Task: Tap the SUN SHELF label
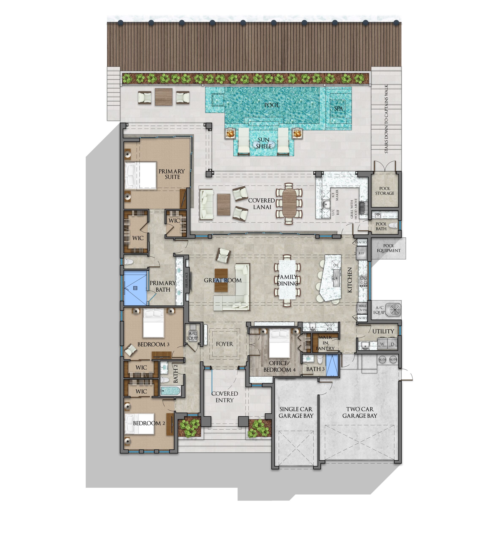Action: click(x=264, y=143)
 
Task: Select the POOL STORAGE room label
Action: click(x=385, y=191)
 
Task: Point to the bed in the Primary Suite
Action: click(x=141, y=175)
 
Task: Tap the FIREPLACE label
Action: click(x=187, y=280)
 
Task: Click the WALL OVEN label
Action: click(x=362, y=308)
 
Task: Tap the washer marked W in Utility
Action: click(x=382, y=344)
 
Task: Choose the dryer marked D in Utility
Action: click(x=392, y=344)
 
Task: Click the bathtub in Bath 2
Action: click(x=170, y=391)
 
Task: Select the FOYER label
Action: click(x=224, y=344)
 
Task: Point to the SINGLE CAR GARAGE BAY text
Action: click(x=296, y=412)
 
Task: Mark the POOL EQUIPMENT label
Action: click(x=389, y=248)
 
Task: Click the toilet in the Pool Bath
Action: click(x=394, y=225)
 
